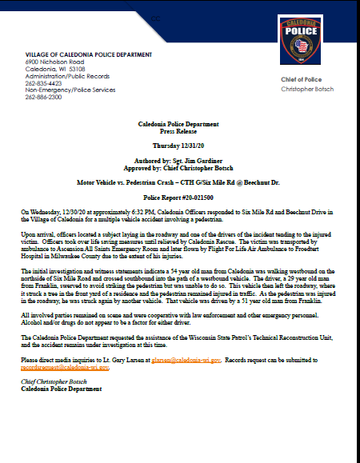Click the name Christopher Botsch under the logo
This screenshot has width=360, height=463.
308,89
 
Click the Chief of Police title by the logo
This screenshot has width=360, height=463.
301,80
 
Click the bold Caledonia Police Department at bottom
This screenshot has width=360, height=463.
61,389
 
